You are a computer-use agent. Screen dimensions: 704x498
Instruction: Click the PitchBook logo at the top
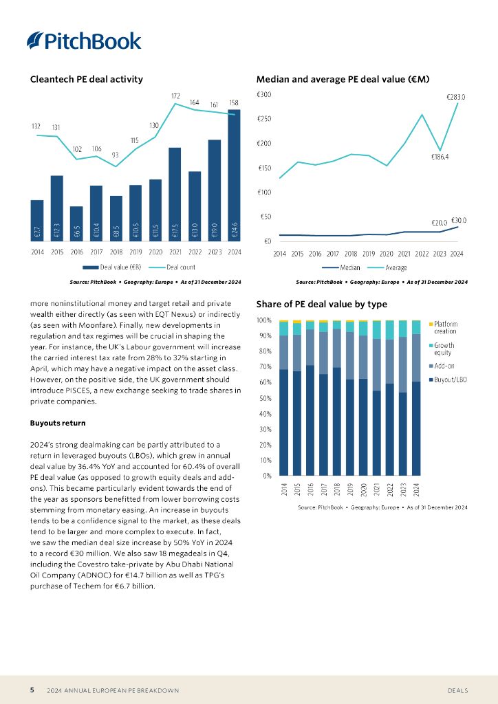[84, 41]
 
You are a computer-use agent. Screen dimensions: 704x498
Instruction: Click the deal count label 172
[175, 96]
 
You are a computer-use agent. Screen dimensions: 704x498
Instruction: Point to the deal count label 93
[116, 155]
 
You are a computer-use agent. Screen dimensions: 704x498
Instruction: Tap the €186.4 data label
[440, 157]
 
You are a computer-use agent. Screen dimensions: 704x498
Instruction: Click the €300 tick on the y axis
[264, 95]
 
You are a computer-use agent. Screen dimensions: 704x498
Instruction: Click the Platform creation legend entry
[445, 327]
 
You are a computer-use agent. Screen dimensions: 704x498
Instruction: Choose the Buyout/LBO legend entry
[450, 379]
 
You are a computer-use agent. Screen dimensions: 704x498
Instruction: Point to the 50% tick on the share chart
[263, 398]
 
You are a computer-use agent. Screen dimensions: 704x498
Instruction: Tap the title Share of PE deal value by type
[321, 304]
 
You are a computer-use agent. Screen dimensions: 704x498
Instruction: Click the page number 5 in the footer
[32, 690]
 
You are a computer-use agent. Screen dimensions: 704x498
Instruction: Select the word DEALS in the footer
[459, 690]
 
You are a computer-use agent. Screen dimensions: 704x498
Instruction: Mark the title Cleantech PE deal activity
[87, 79]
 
